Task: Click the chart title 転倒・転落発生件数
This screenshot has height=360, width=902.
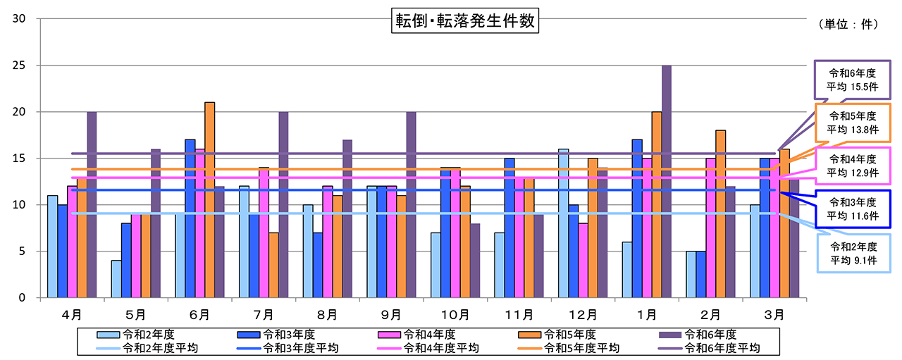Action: [x=464, y=22]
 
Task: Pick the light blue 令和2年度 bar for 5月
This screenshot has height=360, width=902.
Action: [x=116, y=279]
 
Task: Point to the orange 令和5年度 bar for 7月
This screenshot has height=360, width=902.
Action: [x=273, y=265]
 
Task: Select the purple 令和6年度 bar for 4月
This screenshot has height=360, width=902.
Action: [x=92, y=204]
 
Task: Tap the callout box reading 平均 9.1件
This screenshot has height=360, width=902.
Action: [x=853, y=253]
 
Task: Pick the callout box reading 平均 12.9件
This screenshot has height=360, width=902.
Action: [x=853, y=167]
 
